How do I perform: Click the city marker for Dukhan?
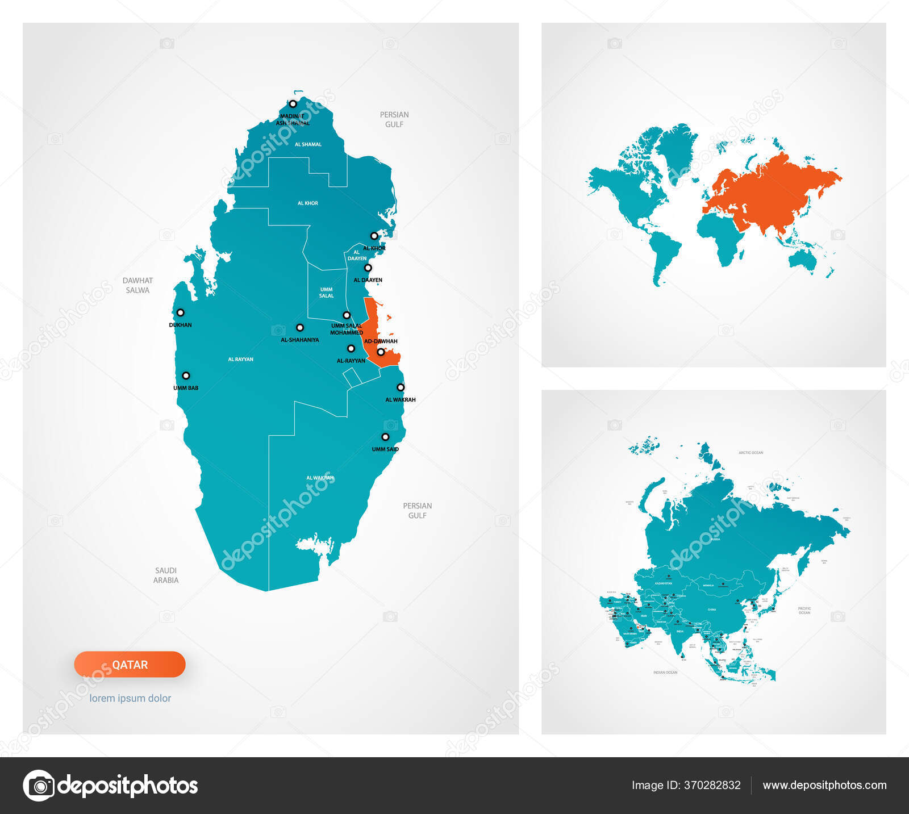(180, 312)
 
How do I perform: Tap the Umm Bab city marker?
(186, 375)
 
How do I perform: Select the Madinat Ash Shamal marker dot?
(293, 104)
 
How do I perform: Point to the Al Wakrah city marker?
(401, 387)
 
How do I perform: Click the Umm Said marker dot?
(385, 437)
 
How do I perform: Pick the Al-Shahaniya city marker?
(300, 328)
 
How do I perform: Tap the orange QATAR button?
(130, 665)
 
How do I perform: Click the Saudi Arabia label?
(166, 575)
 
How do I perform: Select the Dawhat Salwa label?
(137, 285)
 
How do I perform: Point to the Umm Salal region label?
(326, 293)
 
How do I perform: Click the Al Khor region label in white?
(308, 203)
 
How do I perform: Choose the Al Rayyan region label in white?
(240, 359)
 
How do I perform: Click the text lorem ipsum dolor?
(130, 698)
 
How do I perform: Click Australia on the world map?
(803, 261)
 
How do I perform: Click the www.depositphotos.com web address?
(824, 785)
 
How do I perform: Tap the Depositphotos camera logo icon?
(39, 786)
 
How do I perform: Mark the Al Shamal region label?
(308, 144)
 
